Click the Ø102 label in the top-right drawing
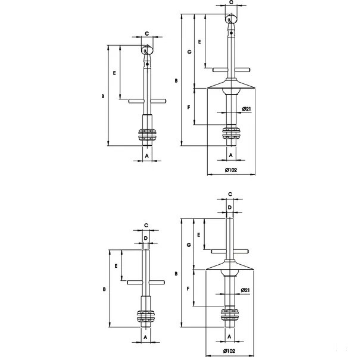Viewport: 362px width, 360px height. [231, 170]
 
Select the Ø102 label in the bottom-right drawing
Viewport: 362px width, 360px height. [229, 351]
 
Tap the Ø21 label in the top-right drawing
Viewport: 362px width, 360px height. [246, 109]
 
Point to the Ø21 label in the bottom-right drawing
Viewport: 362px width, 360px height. [245, 290]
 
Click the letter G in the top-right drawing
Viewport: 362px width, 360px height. [189, 52]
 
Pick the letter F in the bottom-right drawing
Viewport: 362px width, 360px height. [188, 289]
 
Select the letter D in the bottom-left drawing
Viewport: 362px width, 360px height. [146, 238]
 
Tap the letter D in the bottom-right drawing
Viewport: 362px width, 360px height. [229, 208]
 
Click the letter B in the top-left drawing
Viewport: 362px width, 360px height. [103, 96]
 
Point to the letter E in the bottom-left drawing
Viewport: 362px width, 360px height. [116, 266]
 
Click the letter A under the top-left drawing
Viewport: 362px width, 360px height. [147, 156]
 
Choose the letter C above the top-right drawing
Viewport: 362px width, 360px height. [231, 2]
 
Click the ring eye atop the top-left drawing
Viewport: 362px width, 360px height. [147, 50]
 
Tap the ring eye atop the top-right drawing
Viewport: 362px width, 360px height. [231, 18]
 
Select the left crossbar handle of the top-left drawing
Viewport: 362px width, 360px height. [136, 101]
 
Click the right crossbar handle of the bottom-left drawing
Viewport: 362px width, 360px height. [157, 283]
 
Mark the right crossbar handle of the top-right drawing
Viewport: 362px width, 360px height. [242, 70]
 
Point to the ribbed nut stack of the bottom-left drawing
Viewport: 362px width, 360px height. [146, 317]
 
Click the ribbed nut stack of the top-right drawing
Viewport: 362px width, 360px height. [231, 133]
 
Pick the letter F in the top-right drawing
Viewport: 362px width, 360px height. [189, 107]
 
